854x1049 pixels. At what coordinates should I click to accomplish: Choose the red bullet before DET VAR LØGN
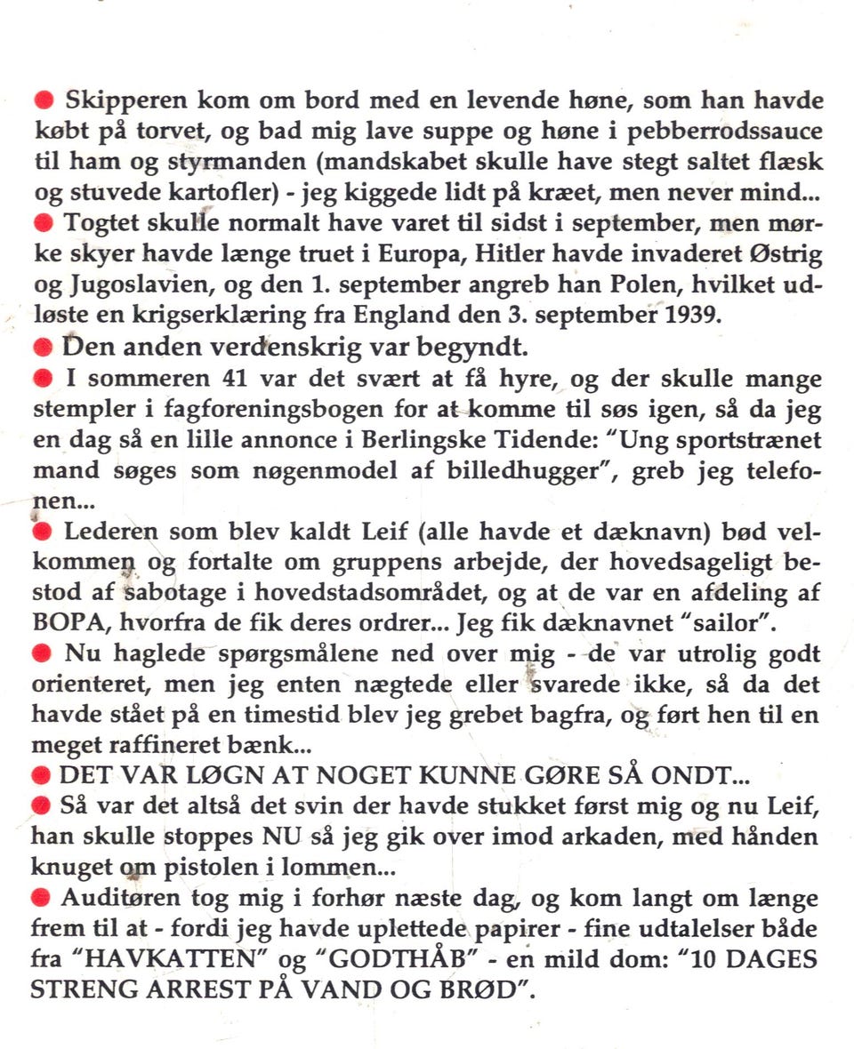coord(42,774)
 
